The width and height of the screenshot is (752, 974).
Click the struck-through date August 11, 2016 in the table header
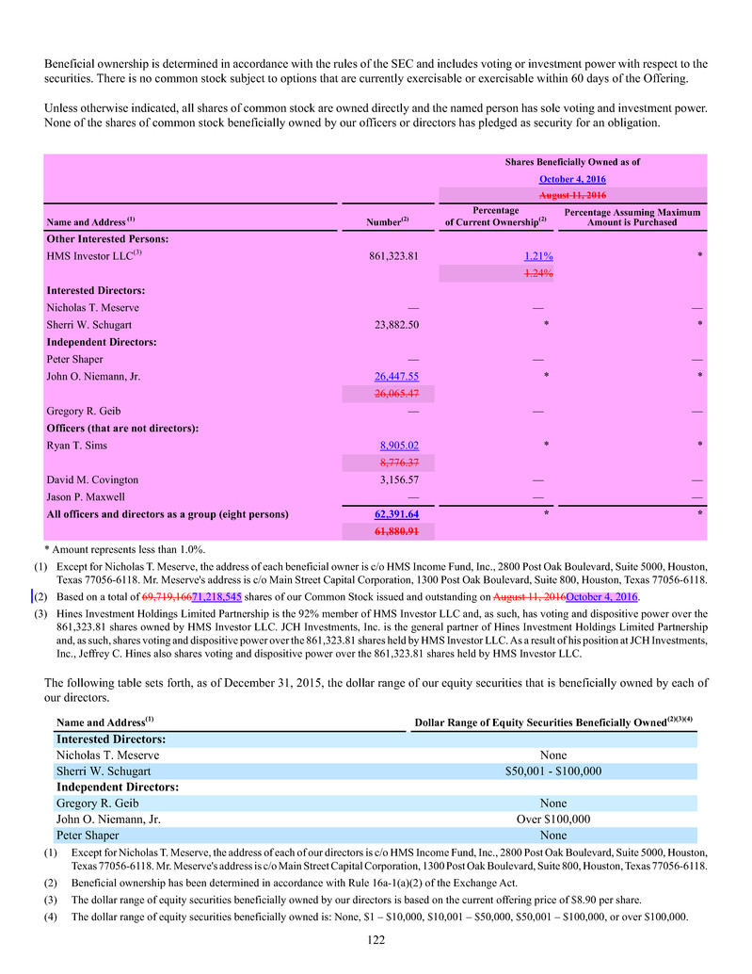[571, 196]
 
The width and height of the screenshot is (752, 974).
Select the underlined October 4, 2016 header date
[571, 179]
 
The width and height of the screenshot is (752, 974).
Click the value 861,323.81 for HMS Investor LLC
[392, 256]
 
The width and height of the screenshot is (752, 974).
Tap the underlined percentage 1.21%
[537, 256]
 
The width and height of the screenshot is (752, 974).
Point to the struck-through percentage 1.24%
[537, 273]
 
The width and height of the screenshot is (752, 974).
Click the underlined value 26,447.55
[395, 376]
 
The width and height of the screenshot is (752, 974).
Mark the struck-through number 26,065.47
[395, 393]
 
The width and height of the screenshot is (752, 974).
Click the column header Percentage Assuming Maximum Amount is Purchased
[632, 217]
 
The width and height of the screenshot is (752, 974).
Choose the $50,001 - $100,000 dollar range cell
[559, 771]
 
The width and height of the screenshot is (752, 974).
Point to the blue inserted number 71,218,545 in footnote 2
[216, 597]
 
